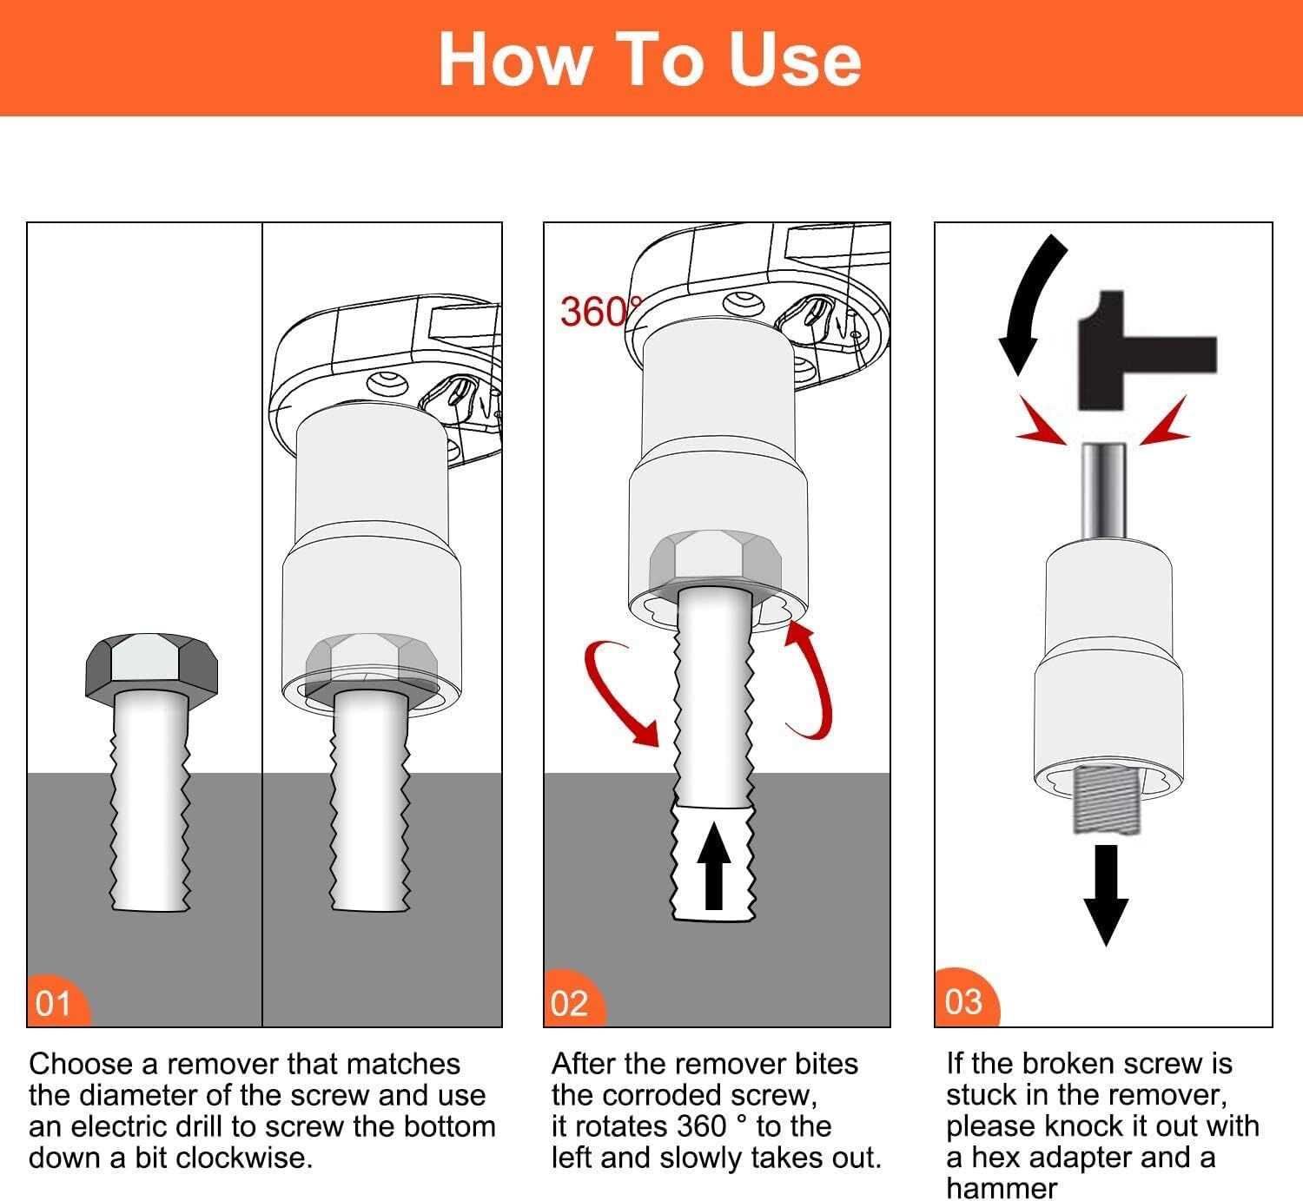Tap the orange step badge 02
571,1002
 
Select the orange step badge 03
963,1000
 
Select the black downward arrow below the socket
1105,894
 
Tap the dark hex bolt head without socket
151,666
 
